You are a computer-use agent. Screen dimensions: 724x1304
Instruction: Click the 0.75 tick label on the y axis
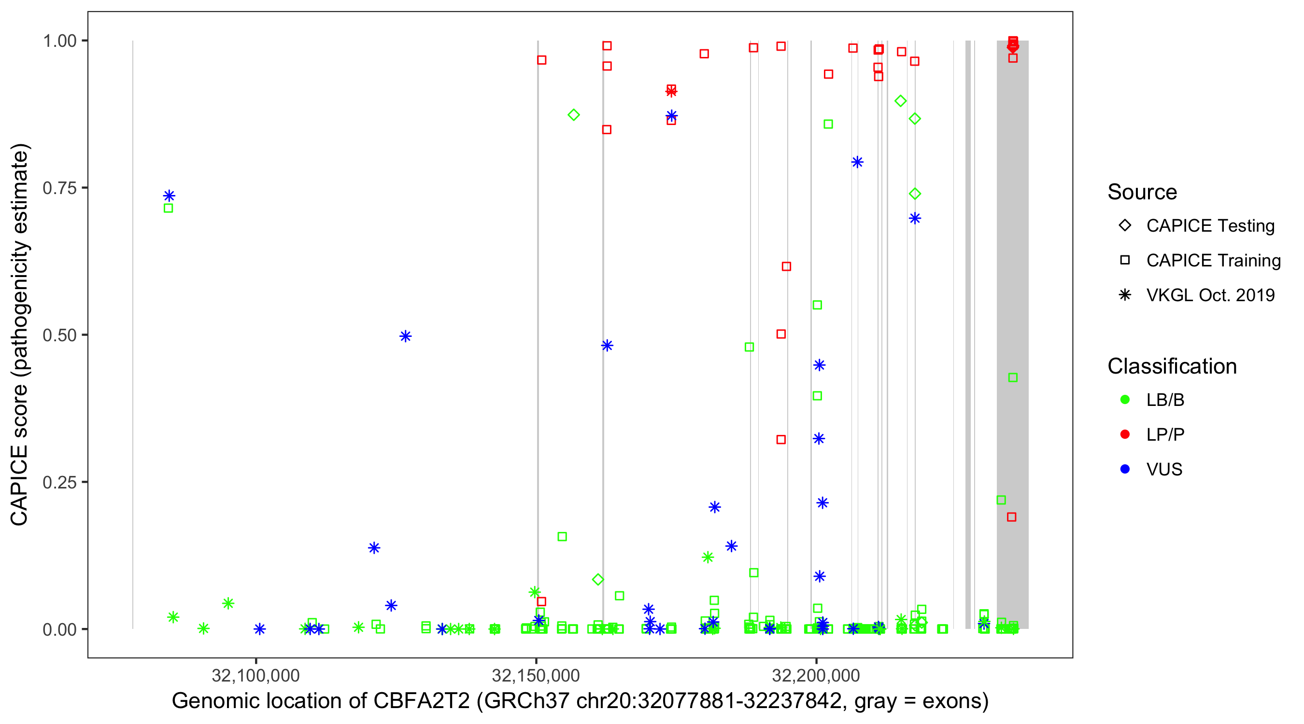pyautogui.click(x=59, y=188)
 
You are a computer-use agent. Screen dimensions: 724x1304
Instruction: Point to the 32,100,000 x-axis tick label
pyautogui.click(x=255, y=675)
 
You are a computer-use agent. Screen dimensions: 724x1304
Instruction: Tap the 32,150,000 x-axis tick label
pyautogui.click(x=536, y=675)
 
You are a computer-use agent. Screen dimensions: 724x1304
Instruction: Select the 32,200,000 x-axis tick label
pyautogui.click(x=816, y=675)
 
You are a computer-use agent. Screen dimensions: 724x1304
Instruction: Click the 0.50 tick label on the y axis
pyautogui.click(x=59, y=335)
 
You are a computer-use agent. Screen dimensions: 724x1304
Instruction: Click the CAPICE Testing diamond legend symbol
pyautogui.click(x=1125, y=225)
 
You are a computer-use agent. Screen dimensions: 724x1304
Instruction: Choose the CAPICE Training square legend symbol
pyautogui.click(x=1125, y=260)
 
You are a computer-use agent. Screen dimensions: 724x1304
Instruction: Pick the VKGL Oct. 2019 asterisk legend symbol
pyautogui.click(x=1125, y=295)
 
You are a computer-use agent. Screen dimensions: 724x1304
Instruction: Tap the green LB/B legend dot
pyautogui.click(x=1125, y=400)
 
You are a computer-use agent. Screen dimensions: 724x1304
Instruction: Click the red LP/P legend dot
pyautogui.click(x=1125, y=434)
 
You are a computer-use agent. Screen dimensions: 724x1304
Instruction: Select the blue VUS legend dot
pyautogui.click(x=1125, y=469)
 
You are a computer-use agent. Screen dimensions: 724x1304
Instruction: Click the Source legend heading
pyautogui.click(x=1142, y=192)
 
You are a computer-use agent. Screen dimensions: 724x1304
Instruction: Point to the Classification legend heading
pyautogui.click(x=1171, y=366)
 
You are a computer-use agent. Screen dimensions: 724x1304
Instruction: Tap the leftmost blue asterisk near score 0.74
pyautogui.click(x=169, y=196)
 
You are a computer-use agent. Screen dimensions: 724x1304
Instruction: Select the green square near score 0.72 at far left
pyautogui.click(x=169, y=208)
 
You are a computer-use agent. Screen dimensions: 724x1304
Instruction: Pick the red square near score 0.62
pyautogui.click(x=786, y=266)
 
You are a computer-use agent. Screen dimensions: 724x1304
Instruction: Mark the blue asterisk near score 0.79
pyautogui.click(x=857, y=162)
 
